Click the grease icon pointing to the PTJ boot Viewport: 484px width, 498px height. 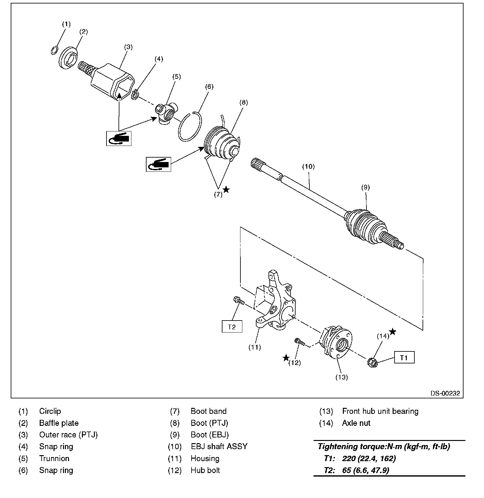click(x=158, y=164)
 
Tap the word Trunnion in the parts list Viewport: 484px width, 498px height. click(x=54, y=458)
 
